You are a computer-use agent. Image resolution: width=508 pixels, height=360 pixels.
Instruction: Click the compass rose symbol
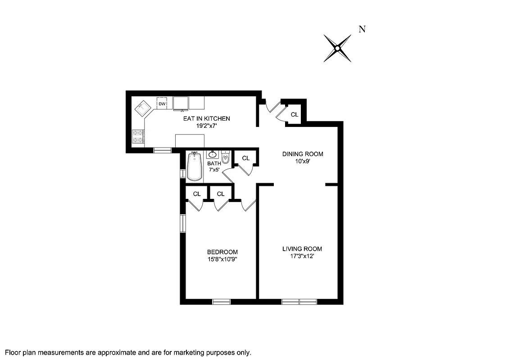(x=337, y=48)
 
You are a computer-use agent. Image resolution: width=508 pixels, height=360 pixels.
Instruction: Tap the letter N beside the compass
(x=362, y=29)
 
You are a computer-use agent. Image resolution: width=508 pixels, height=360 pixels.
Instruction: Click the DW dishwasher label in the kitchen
(x=162, y=104)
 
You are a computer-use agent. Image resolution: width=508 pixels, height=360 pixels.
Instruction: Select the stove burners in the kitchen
(x=138, y=137)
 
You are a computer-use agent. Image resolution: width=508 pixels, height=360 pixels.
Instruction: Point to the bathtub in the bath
(x=195, y=166)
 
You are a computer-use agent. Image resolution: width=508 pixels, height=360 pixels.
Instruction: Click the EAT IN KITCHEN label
(x=206, y=119)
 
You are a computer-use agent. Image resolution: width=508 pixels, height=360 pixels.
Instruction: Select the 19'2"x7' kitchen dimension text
(x=206, y=126)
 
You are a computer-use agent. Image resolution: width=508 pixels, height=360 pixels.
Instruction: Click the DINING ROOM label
(x=303, y=154)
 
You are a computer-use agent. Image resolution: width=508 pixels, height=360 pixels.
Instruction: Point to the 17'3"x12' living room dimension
(x=302, y=256)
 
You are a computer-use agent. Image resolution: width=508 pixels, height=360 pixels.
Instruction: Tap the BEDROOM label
(x=222, y=252)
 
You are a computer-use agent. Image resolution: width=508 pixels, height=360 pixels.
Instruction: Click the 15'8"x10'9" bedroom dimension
(x=222, y=259)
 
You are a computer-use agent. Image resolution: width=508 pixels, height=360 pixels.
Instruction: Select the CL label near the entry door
(x=294, y=115)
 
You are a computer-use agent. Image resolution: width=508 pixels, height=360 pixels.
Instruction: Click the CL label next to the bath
(x=246, y=158)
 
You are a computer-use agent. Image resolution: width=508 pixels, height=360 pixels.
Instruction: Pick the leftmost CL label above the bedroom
(x=197, y=194)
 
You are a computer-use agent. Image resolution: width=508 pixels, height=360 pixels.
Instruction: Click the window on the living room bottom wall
(x=299, y=301)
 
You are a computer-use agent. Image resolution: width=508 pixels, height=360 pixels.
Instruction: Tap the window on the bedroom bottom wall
(x=222, y=301)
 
